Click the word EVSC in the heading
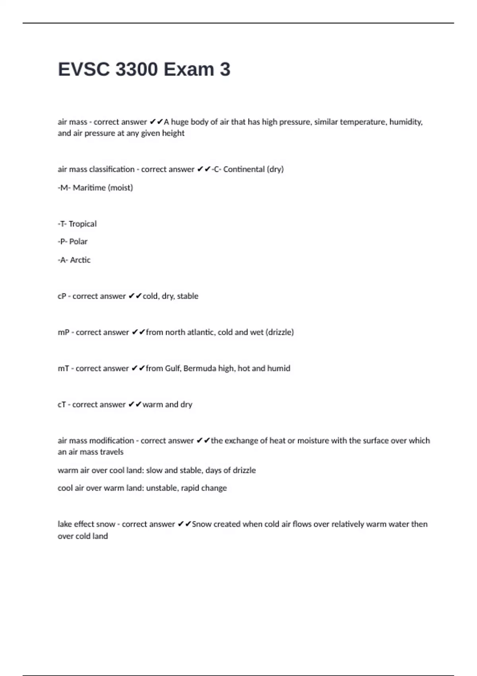83,70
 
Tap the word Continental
244,169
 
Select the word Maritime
89,188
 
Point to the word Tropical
82,224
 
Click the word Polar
78,242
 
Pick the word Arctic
80,260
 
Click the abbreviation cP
62,296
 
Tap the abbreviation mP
64,332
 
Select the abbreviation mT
64,369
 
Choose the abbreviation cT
62,405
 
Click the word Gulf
173,369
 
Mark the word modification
112,441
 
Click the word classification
112,169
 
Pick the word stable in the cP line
188,296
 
